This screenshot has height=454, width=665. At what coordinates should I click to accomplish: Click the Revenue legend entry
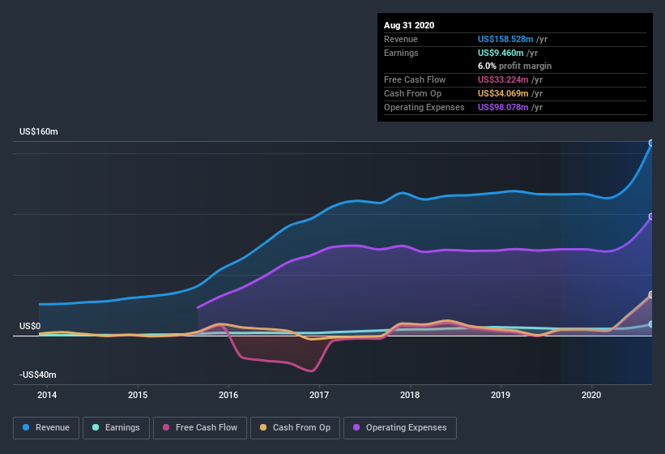pyautogui.click(x=46, y=427)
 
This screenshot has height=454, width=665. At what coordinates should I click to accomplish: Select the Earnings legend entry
pyautogui.click(x=116, y=427)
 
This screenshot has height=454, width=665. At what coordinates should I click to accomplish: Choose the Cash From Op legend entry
pyautogui.click(x=294, y=427)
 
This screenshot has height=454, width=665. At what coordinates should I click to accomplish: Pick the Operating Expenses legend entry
pyautogui.click(x=400, y=427)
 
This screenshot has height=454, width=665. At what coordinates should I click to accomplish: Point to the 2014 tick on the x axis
pyautogui.click(x=47, y=396)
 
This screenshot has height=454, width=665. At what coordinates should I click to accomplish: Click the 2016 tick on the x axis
pyautogui.click(x=228, y=396)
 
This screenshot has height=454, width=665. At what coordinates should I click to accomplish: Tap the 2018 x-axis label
pyautogui.click(x=410, y=396)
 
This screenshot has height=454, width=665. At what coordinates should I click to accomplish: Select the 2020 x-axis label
pyautogui.click(x=591, y=396)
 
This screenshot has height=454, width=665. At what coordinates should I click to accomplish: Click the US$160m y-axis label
pyautogui.click(x=39, y=131)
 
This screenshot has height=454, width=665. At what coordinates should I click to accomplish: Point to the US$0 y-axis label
pyautogui.click(x=30, y=326)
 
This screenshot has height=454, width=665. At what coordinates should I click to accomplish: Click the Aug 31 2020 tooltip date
pyautogui.click(x=409, y=25)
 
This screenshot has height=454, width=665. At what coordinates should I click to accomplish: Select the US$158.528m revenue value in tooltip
pyautogui.click(x=505, y=39)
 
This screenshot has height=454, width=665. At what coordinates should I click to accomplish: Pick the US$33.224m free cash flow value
pyautogui.click(x=502, y=79)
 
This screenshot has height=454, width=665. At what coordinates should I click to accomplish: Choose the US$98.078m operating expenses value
pyautogui.click(x=502, y=107)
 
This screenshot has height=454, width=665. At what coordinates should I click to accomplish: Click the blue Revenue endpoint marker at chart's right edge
pyautogui.click(x=651, y=143)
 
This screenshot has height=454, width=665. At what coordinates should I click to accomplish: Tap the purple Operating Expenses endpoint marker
pyautogui.click(x=651, y=216)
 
